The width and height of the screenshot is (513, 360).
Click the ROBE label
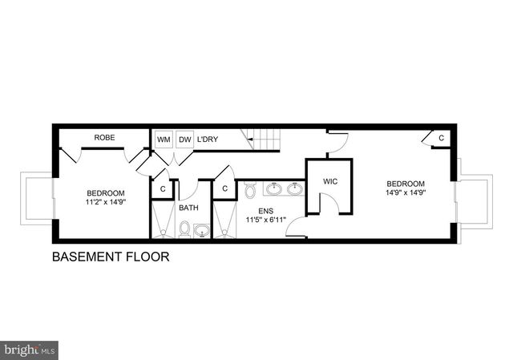(x=104, y=138)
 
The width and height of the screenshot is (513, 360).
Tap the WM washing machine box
(x=164, y=140)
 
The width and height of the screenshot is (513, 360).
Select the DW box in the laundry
(x=185, y=140)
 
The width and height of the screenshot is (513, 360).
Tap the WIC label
(x=330, y=182)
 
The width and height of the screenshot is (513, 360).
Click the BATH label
(x=188, y=208)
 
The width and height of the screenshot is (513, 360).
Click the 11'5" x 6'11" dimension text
(x=265, y=219)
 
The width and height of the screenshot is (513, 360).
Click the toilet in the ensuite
(x=249, y=191)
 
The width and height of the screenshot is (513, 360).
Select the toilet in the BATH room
(x=184, y=230)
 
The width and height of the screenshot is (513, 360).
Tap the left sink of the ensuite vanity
(x=274, y=190)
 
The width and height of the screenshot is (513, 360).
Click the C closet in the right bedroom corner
(x=441, y=139)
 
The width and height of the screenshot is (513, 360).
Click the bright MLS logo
(x=30, y=350)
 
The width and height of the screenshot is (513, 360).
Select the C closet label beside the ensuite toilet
(x=225, y=189)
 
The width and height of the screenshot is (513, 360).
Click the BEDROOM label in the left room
(x=106, y=192)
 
